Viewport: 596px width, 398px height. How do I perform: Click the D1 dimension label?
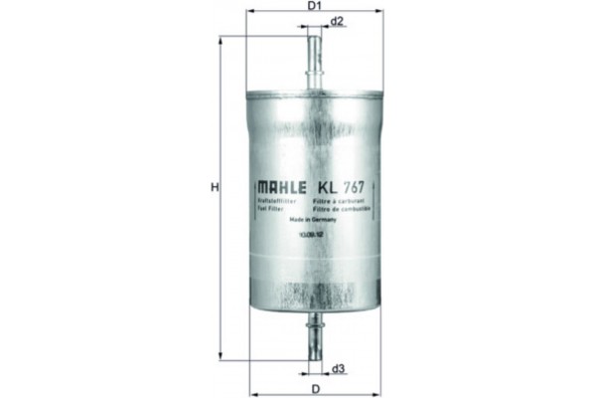314,6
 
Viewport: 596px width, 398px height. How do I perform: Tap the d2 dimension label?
338,21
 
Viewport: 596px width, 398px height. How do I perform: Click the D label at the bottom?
314,388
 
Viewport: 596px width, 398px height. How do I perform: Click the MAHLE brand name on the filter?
282,186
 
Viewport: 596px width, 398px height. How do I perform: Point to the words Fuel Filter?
272,209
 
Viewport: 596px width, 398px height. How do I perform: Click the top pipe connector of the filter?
314,55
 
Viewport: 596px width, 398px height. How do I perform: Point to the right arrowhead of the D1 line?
378,10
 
